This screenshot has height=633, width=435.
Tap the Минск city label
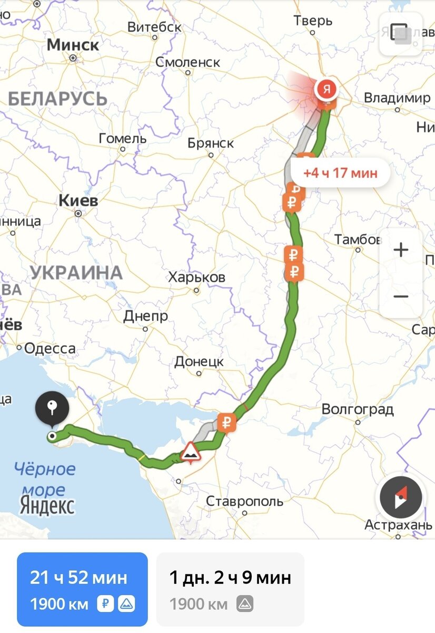coord(73,45)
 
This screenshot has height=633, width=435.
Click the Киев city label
coord(78,201)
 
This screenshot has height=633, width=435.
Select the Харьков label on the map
coord(196,277)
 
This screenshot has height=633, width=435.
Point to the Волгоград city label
coord(358,410)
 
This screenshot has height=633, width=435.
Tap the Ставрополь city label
coord(244,501)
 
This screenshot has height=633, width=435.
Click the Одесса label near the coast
coord(50,349)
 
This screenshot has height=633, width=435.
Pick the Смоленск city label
coord(187,62)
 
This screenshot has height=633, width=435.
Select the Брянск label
coord(211,143)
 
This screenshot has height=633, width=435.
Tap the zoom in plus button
coord(401,250)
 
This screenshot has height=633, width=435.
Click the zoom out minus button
coord(401,296)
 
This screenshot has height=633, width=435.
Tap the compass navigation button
coord(401,498)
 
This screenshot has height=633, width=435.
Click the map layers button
coord(401,33)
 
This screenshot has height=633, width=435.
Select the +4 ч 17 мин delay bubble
coord(340,172)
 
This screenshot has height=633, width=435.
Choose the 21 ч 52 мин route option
coord(82,589)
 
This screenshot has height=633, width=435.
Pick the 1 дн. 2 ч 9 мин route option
coord(230,589)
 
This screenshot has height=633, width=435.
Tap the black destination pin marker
coord(52,409)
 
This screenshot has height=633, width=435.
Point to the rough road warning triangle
coord(189,452)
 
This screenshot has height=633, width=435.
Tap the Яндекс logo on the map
coord(47,505)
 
